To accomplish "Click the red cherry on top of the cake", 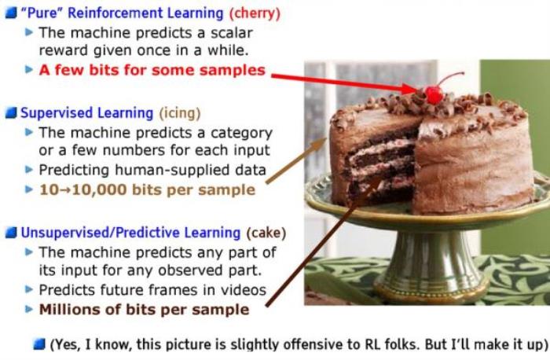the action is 434,94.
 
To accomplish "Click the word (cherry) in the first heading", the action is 255,13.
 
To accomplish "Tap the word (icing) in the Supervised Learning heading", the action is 180,113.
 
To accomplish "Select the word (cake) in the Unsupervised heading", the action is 266,233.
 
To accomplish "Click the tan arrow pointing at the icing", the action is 296,160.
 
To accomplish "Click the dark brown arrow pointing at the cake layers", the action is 323,241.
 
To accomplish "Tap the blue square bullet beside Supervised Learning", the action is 11,113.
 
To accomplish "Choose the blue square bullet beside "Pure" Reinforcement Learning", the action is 11,13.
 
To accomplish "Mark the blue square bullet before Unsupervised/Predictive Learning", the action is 11,233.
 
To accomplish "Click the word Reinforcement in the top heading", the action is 145,13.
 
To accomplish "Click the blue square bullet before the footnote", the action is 39,344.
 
